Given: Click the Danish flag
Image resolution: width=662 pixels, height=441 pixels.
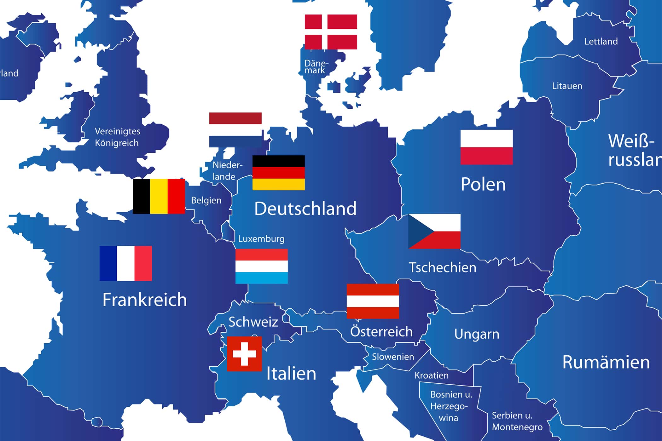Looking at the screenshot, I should (x=331, y=32).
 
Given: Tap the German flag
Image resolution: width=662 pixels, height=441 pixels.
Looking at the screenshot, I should (x=278, y=173).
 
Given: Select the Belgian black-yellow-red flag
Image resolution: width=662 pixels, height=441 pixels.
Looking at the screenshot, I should (x=159, y=196).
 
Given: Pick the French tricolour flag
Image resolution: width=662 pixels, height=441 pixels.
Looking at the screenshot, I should (x=125, y=263).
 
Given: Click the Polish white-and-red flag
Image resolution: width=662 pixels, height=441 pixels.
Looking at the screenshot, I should (x=486, y=147).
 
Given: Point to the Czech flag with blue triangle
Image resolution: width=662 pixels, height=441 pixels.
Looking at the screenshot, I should (x=434, y=231).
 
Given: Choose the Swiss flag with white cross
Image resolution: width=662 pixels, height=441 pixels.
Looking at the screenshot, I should (x=244, y=354).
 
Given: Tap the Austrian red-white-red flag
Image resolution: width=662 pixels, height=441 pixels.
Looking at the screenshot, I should (x=373, y=301).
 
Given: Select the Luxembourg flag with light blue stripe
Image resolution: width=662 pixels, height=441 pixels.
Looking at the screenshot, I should (x=261, y=266).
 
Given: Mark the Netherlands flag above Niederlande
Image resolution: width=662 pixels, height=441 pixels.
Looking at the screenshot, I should (x=235, y=130).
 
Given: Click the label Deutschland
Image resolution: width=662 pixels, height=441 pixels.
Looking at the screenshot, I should (x=305, y=209).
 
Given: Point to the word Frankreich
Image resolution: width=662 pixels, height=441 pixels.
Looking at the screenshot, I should (x=144, y=300).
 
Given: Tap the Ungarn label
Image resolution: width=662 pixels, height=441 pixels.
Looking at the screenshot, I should (x=477, y=334).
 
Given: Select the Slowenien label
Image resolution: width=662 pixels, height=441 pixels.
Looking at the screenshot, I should (x=393, y=357).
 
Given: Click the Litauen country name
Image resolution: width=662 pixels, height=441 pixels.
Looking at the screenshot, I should (x=567, y=86).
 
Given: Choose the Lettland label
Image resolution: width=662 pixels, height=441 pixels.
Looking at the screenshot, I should (x=601, y=42).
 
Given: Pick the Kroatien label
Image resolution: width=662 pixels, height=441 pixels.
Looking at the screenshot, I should (x=431, y=375).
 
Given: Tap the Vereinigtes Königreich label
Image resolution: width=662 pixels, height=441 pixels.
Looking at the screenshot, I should (x=117, y=137).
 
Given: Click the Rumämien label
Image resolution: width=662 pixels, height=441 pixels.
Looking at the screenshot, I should (x=606, y=362).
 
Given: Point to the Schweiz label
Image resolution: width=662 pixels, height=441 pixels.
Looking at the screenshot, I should (x=253, y=322).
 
